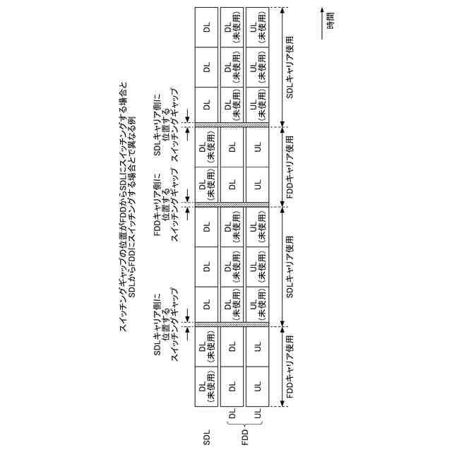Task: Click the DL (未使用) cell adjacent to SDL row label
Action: (x=206, y=386)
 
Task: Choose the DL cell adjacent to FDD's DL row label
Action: (x=232, y=386)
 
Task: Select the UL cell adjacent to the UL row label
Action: (x=257, y=386)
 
